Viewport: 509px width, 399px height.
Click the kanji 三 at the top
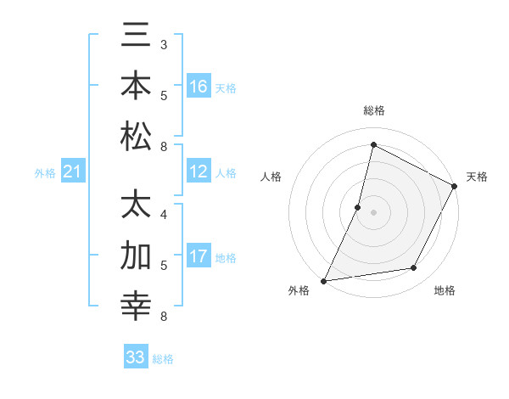point(136,37)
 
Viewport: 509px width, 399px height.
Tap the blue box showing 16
point(199,87)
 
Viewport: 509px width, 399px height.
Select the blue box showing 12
point(199,172)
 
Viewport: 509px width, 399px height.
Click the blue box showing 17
point(199,257)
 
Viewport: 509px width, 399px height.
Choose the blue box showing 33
point(136,358)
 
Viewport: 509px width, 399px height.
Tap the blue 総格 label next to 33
point(163,359)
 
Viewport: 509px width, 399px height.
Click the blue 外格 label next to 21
point(45,174)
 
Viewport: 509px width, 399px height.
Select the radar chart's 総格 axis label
point(373,111)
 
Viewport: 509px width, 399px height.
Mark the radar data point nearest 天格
point(455,187)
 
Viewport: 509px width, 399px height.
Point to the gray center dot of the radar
point(373,212)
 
